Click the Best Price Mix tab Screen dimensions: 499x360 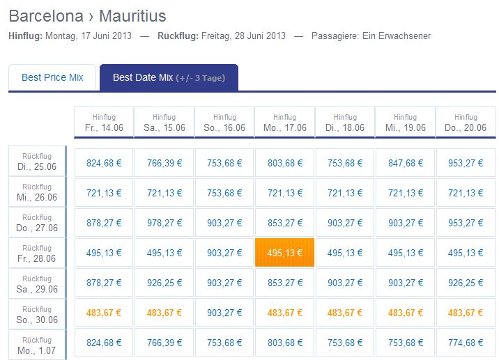(52, 77)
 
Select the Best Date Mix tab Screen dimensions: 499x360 (169, 77)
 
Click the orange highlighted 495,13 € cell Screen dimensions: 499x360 (284, 253)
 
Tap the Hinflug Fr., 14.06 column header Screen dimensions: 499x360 (104, 123)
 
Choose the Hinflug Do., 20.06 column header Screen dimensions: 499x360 (466, 123)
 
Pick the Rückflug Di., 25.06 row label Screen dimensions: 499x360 (37, 162)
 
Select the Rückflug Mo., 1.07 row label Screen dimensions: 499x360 (37, 345)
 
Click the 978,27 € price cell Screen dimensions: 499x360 (164, 223)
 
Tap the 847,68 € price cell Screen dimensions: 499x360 (406, 163)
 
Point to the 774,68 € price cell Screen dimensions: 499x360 (466, 343)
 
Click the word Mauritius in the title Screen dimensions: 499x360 (132, 16)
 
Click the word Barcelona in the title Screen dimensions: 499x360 (46, 16)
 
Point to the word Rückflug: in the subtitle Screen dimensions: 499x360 (178, 36)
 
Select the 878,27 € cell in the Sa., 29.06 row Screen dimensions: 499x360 (104, 283)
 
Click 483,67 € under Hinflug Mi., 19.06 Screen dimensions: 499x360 (406, 313)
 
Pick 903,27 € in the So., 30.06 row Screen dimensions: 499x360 (224, 313)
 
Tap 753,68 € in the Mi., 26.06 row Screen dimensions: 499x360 (224, 193)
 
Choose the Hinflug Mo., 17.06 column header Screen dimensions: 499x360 (285, 123)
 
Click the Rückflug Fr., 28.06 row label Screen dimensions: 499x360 (37, 253)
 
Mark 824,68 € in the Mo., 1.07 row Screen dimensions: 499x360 (104, 343)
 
